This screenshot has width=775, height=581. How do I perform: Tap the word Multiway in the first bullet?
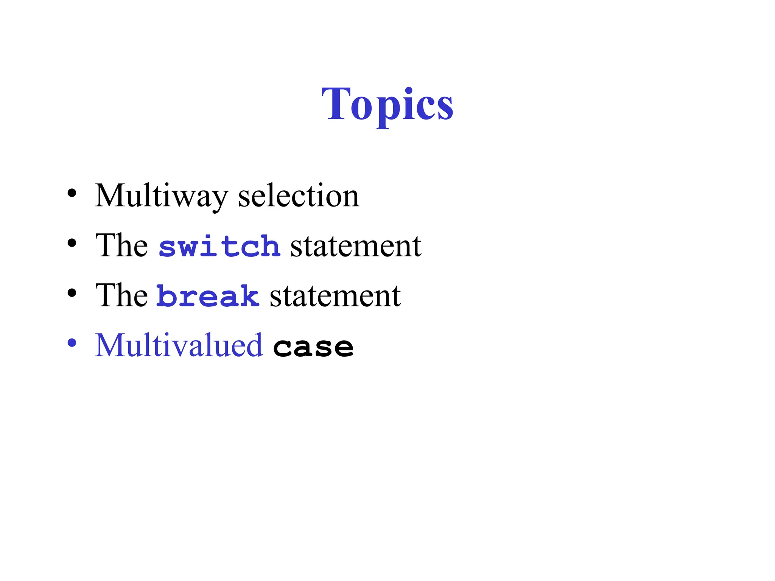point(161,196)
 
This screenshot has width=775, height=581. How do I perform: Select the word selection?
point(299,196)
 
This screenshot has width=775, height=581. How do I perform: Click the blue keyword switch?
point(219,246)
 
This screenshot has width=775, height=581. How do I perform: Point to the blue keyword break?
point(208,296)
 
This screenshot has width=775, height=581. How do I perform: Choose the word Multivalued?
point(179,345)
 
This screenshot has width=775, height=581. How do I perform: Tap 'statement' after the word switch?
point(356,246)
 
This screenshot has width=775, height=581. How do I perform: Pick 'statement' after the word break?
point(335,296)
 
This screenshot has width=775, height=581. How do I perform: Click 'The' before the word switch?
point(121,246)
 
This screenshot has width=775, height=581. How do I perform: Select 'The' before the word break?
point(121,296)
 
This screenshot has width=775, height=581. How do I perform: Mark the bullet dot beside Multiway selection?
point(72,194)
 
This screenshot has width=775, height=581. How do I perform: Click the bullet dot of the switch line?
point(72,243)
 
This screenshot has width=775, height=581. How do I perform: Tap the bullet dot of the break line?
point(72,293)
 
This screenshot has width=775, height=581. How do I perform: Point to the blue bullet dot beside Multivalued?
point(72,343)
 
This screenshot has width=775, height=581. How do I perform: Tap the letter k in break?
point(249,296)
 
